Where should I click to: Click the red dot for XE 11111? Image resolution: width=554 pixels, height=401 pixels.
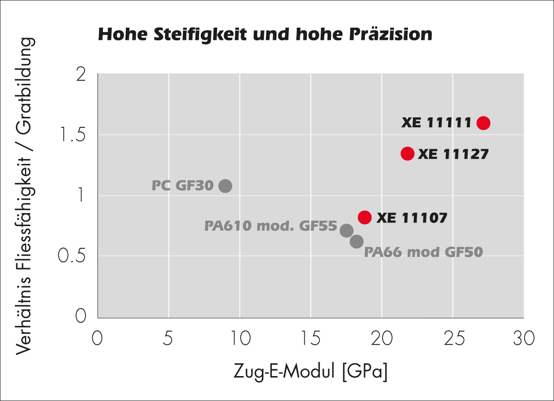point(483,123)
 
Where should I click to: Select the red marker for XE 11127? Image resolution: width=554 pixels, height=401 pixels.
point(407,154)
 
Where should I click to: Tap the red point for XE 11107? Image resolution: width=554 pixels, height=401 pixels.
point(365,217)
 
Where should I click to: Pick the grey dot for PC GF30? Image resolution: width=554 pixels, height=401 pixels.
point(225,186)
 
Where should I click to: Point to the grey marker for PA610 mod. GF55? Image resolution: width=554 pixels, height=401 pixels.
point(346,230)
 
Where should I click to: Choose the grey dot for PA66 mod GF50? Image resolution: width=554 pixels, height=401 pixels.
point(356,242)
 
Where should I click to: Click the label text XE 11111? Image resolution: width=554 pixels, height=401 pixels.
point(436,123)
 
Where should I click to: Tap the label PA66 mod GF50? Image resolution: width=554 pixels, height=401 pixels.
point(423,252)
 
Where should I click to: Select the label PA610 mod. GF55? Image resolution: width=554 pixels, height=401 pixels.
point(270,226)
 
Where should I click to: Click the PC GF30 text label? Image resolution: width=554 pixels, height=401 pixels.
point(182,186)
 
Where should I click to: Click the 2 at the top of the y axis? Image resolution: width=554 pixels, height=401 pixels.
point(81,74)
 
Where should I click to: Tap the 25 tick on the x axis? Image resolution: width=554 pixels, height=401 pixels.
point(452,338)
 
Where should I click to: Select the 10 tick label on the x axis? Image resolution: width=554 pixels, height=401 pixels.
point(240,338)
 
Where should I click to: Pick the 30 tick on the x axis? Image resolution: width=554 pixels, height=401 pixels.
point(523,338)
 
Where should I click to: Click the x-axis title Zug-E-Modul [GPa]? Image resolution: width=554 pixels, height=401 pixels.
point(311,372)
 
